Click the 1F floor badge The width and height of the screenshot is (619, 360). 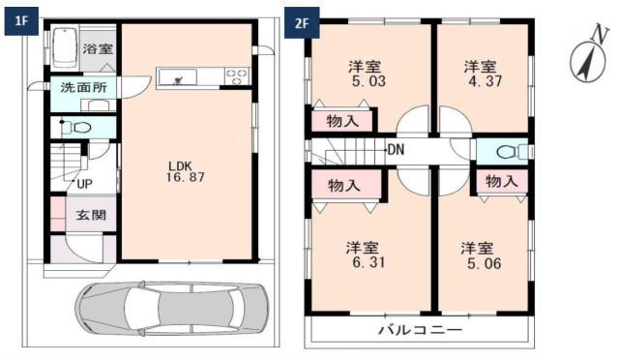coord(21,21)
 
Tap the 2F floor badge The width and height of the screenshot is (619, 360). coord(302,24)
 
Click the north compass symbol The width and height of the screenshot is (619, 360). coord(589,58)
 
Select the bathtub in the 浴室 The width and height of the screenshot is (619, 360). coord(65,47)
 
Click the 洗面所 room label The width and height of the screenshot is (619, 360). coord(84,87)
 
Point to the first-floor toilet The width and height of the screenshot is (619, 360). coord(77,127)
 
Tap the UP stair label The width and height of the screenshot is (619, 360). coord(84,184)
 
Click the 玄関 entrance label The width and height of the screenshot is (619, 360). coord(91,216)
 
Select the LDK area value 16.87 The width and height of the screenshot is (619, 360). coord(185,177)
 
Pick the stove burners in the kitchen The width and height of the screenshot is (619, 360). coord(237,76)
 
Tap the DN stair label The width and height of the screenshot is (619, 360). coord(396,150)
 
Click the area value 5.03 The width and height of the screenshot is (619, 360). coord(368,81)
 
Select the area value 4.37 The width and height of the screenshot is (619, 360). coord(486,81)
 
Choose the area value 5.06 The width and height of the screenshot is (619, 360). coord(484,263)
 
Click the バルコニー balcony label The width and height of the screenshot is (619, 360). coord(421,330)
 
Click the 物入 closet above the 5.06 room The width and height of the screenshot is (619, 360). coord(501,181)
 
